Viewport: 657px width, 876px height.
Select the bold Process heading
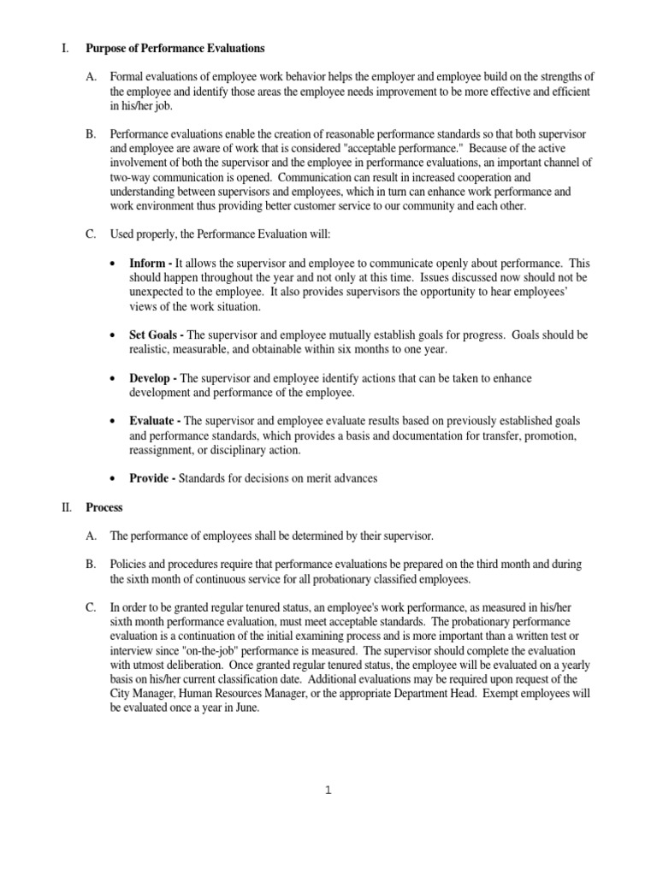pos(104,507)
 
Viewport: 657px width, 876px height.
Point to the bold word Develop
pos(152,377)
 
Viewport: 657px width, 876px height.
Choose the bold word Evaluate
pos(154,421)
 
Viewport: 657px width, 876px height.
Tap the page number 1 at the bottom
pos(328,790)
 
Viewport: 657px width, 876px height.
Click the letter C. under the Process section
pos(91,607)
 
